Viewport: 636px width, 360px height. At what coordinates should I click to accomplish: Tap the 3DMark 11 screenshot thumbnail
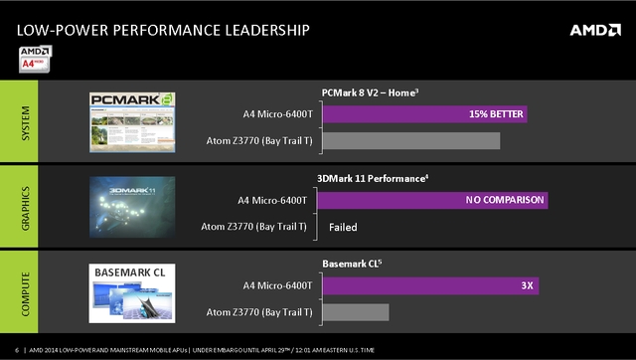[x=132, y=207]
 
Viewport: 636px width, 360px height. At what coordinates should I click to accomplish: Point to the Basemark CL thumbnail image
[x=133, y=292]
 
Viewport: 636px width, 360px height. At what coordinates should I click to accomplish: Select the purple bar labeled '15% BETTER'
[x=424, y=115]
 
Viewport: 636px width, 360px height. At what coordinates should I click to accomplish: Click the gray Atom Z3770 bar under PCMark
[x=410, y=141]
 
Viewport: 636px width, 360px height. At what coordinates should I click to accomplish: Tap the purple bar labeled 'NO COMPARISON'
[x=434, y=201]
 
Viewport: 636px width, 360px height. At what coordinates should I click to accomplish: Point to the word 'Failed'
[x=343, y=227]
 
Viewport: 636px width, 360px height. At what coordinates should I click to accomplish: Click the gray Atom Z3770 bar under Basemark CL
[x=355, y=312]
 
